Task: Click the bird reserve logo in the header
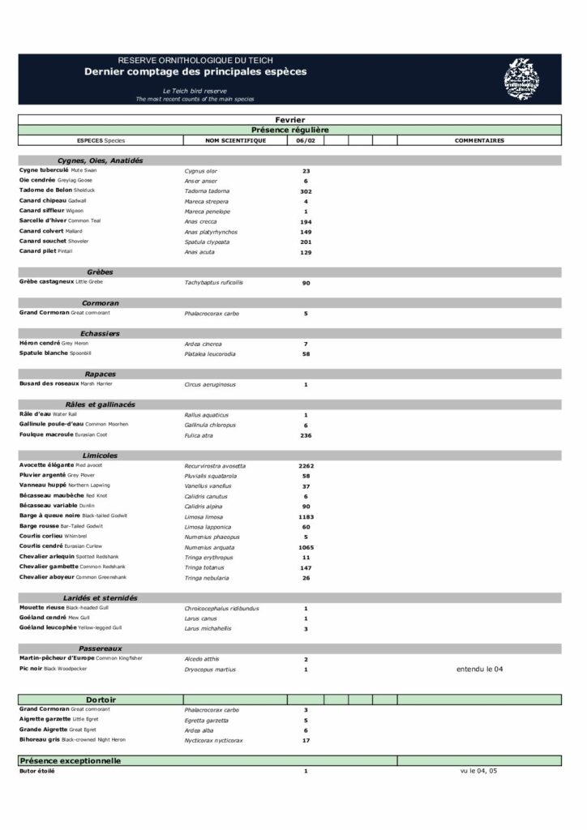pos(521,79)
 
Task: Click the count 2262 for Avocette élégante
pos(306,466)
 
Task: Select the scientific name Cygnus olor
pos(200,171)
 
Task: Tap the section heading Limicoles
pos(100,456)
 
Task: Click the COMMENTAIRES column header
pos(479,140)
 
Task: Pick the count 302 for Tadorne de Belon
pos(306,191)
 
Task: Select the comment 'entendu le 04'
pos(479,670)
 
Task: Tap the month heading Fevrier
pos(289,120)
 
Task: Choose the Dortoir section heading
pos(101,700)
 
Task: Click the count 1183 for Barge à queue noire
pos(306,516)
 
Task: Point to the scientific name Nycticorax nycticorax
pos(213,740)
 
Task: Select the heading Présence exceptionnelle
pos(71,761)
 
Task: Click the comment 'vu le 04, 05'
pos(478,771)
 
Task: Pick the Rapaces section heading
pos(100,374)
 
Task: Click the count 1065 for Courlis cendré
pos(306,547)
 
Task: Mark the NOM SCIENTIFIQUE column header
pos(235,140)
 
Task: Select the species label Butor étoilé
pos(37,771)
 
